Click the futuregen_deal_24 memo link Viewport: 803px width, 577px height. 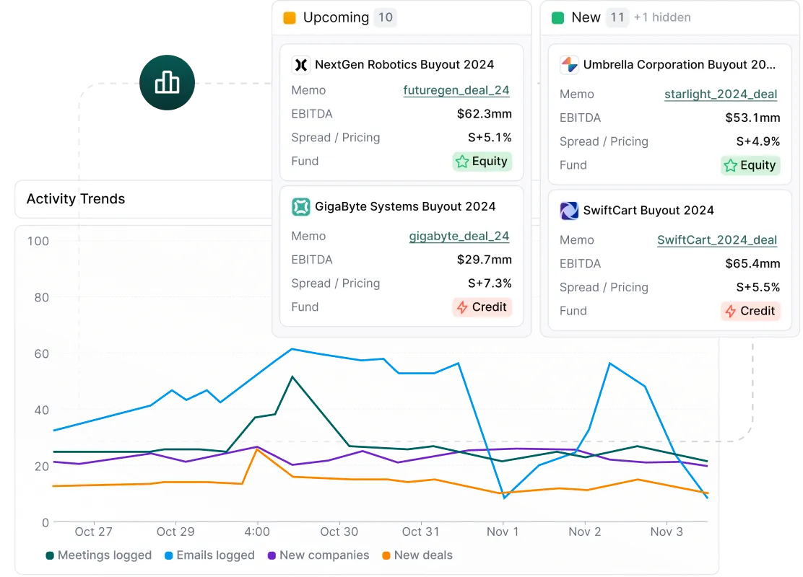point(456,91)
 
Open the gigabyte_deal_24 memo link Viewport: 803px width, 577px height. point(459,237)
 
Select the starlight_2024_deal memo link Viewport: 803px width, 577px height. point(721,94)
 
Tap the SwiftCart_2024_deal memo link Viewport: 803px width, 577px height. point(717,240)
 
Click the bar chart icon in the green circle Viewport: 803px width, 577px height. point(168,83)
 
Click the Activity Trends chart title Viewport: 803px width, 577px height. point(76,199)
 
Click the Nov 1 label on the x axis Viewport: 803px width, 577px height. point(503,532)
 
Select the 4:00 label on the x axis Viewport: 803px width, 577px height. point(257,532)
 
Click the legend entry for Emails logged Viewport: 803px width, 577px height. point(209,555)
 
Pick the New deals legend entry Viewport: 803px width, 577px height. point(417,555)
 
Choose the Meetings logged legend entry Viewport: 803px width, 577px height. point(99,555)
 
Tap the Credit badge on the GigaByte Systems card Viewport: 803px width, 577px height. point(482,307)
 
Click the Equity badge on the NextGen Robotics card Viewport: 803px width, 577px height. point(482,162)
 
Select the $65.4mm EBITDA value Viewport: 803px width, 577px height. point(752,264)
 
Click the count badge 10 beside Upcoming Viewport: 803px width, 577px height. point(386,17)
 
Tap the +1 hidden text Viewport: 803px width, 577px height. point(661,17)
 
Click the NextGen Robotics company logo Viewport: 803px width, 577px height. point(300,65)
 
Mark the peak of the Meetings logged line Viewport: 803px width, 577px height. point(292,376)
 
